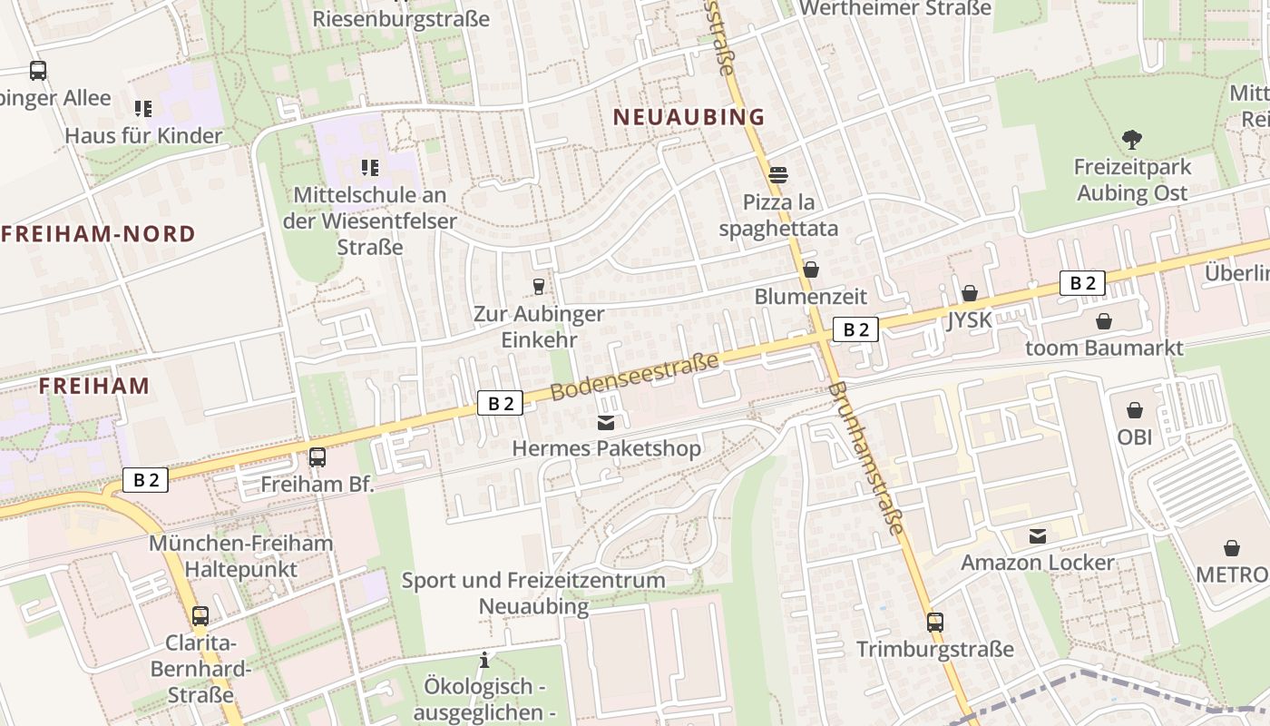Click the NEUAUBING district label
click(689, 116)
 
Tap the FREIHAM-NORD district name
click(98, 234)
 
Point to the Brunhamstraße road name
click(867, 458)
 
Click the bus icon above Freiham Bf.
click(317, 457)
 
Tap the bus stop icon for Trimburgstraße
click(935, 623)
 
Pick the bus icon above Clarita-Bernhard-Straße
click(200, 615)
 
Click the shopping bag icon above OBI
click(1134, 410)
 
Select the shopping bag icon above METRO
click(1232, 548)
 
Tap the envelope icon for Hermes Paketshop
click(606, 422)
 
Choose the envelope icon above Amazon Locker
click(1038, 536)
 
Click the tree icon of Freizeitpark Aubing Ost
click(1131, 140)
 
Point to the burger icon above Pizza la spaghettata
click(778, 174)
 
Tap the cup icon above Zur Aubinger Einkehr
click(539, 287)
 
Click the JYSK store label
click(970, 319)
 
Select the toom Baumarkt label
click(1104, 348)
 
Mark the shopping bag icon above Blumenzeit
click(811, 270)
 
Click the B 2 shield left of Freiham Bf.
click(146, 480)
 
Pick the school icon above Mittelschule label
click(370, 167)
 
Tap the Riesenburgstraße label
click(401, 18)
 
